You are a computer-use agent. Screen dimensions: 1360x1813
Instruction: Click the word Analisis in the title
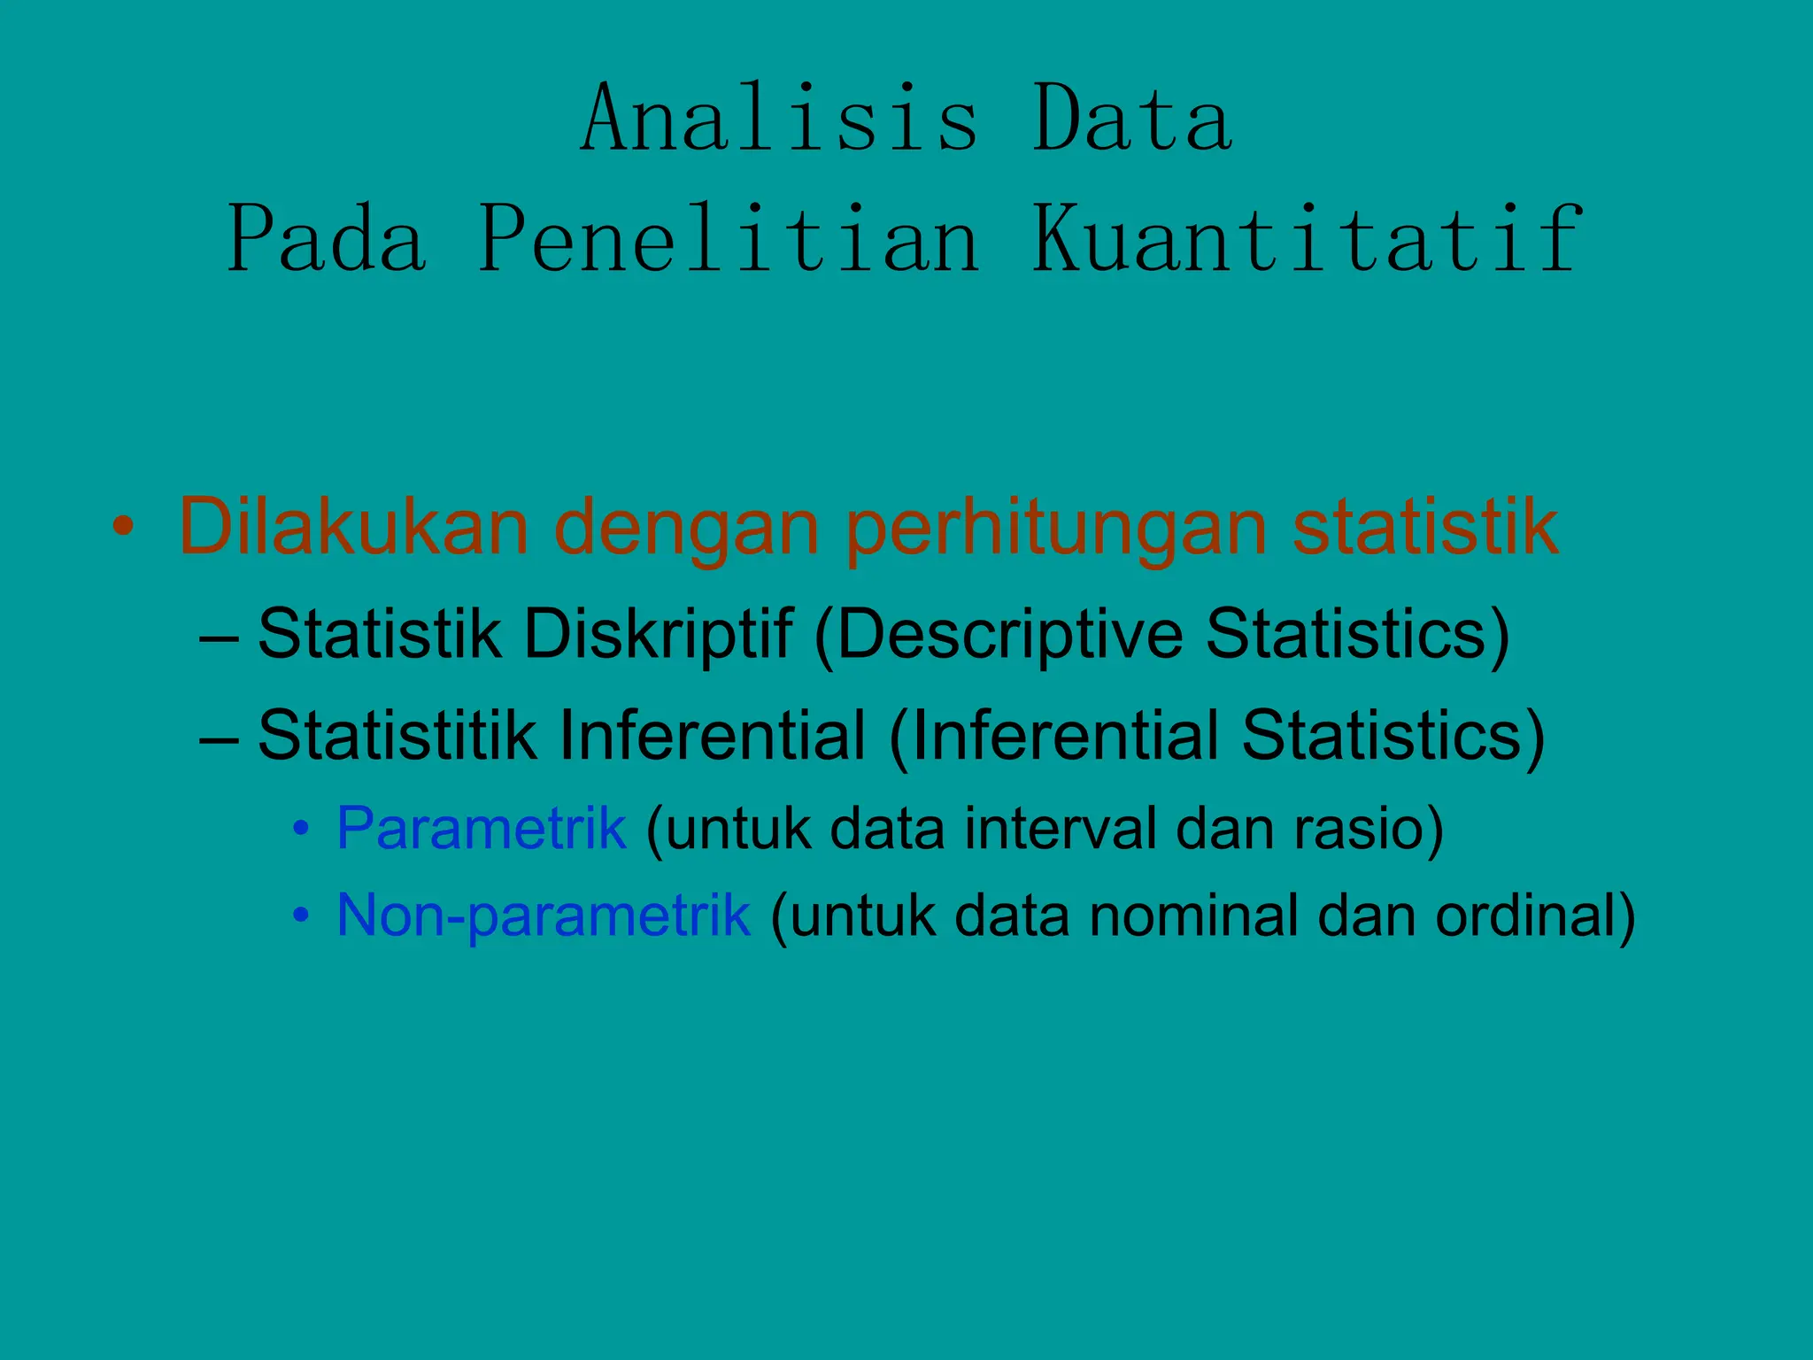coord(780,119)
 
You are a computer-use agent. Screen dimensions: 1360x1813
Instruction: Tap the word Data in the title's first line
coord(1132,119)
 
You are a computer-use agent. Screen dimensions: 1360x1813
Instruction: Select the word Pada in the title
coord(328,239)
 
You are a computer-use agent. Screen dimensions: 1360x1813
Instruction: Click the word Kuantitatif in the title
coord(1307,239)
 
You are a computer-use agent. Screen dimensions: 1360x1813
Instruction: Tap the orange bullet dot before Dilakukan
coord(123,528)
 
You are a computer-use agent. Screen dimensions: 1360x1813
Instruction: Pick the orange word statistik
coord(1425,528)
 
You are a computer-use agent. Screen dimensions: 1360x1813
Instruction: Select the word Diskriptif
coord(658,635)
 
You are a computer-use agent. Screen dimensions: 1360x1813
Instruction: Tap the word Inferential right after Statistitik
coord(712,736)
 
